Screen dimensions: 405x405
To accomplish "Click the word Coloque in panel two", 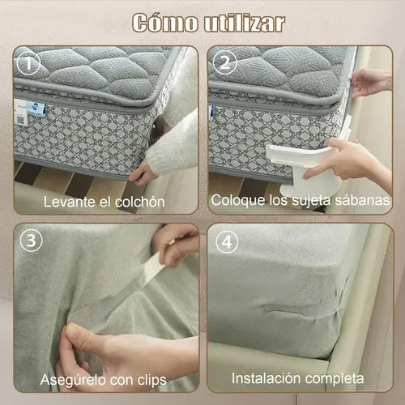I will tap(237, 199).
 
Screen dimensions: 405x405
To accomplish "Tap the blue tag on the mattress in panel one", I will tap(36, 109).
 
